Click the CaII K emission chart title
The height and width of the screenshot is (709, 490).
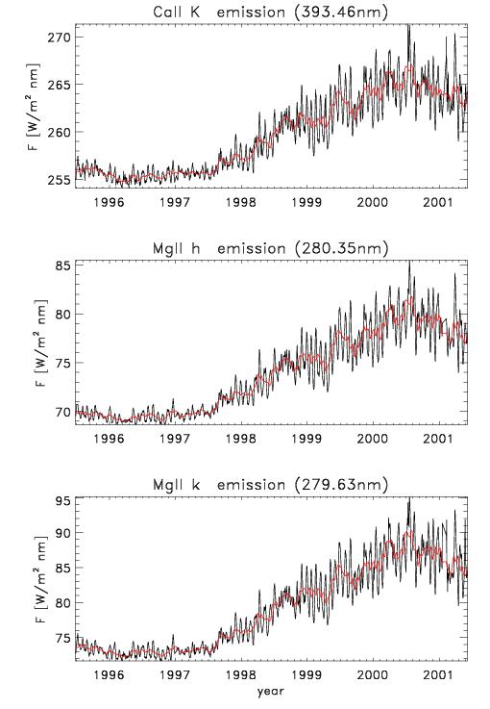270,12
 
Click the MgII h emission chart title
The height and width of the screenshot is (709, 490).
270,248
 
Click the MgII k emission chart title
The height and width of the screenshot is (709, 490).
270,485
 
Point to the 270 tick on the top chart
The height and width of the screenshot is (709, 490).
60,37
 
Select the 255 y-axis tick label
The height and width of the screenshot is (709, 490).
60,180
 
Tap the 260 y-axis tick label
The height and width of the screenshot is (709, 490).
60,132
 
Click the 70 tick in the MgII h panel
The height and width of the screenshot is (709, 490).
63,412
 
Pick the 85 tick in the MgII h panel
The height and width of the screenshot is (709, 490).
63,266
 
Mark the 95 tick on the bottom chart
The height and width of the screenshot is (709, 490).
63,501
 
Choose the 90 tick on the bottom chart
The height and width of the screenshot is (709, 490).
63,533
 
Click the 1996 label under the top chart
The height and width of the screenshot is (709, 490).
109,202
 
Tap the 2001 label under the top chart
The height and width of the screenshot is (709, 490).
437,202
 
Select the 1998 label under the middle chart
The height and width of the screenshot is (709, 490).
241,438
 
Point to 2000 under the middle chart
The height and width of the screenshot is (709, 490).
372,438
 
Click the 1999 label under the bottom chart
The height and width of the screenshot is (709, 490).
306,674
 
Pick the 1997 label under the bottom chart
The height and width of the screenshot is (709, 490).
175,674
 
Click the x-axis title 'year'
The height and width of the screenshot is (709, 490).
271,691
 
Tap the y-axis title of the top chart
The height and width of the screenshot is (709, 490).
34,106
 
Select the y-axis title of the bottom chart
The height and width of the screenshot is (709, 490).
40,579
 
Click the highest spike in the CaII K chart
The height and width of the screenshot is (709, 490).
408,26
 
